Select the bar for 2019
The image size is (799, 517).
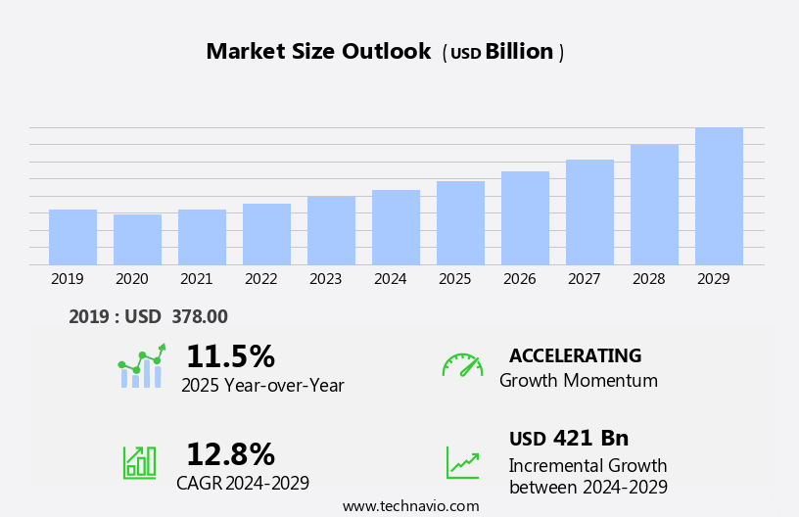point(72,238)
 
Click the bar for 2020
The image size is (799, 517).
point(137,240)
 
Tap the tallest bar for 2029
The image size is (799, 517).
point(719,197)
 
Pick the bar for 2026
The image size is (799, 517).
point(525,218)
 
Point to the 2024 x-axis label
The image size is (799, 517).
point(390,279)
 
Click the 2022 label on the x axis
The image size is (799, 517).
point(260,279)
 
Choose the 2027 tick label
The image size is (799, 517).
point(584,279)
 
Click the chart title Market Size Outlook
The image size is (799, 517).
point(318,52)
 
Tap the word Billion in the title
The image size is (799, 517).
point(519,52)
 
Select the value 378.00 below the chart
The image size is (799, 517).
point(200,316)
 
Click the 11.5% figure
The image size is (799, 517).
point(230,356)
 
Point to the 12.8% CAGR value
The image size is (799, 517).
point(230,454)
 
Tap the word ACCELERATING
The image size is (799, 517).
point(575,355)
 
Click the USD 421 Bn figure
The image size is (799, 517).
point(569,438)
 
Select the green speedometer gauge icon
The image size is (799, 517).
point(462,365)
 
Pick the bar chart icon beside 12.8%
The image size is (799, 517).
point(139,461)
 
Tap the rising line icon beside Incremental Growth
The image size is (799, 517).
point(462,462)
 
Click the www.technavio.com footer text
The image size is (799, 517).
point(410,506)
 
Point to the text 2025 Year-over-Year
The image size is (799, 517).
point(262,386)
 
